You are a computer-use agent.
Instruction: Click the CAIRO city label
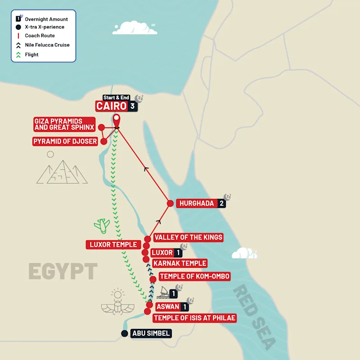point(111,106)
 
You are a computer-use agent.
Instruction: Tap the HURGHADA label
point(196,203)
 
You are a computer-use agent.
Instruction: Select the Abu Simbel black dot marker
point(125,333)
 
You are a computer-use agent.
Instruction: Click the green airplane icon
point(102,225)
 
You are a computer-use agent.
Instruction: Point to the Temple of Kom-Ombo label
point(194,276)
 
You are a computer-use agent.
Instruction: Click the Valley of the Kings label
point(188,237)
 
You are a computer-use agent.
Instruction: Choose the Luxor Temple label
point(113,245)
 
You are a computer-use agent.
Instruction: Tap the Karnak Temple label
point(180,263)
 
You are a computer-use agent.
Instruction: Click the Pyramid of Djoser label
point(65,141)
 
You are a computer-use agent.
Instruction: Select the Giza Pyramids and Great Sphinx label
point(64,124)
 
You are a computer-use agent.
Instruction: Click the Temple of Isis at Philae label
point(194,318)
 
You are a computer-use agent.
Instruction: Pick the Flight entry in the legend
point(31,54)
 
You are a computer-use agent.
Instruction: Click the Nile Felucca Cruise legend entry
point(47,45)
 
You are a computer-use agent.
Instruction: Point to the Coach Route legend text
point(40,36)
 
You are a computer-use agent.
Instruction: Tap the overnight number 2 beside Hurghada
point(221,203)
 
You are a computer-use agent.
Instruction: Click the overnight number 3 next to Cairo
point(132,106)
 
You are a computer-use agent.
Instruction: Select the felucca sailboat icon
point(162,293)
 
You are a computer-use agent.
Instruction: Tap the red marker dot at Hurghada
point(170,203)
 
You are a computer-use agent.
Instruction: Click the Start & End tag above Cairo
point(116,98)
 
